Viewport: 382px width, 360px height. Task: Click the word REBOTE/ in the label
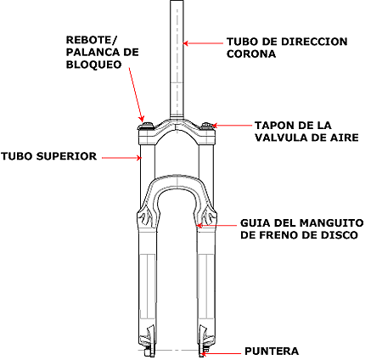pyautogui.click(x=91, y=40)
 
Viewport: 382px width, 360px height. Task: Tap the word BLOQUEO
pyautogui.click(x=93, y=65)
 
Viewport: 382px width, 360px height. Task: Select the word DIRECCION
pyautogui.click(x=314, y=42)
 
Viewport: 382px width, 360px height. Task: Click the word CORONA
pyautogui.click(x=251, y=53)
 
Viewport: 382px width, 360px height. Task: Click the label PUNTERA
pyautogui.click(x=272, y=352)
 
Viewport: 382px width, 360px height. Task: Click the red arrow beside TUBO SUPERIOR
pyautogui.click(x=121, y=158)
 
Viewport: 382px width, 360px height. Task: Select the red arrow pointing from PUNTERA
pyautogui.click(x=221, y=353)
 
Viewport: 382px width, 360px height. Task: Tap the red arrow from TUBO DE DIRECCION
pyautogui.click(x=203, y=43)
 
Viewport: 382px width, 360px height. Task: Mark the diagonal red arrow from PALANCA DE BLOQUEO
pyautogui.click(x=137, y=94)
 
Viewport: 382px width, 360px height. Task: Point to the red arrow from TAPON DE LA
pyautogui.click(x=232, y=125)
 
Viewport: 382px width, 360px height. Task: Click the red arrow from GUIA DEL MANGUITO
pyautogui.click(x=216, y=226)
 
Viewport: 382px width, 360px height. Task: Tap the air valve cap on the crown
pyautogui.click(x=207, y=126)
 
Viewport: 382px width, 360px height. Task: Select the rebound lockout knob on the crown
pyautogui.click(x=147, y=126)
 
